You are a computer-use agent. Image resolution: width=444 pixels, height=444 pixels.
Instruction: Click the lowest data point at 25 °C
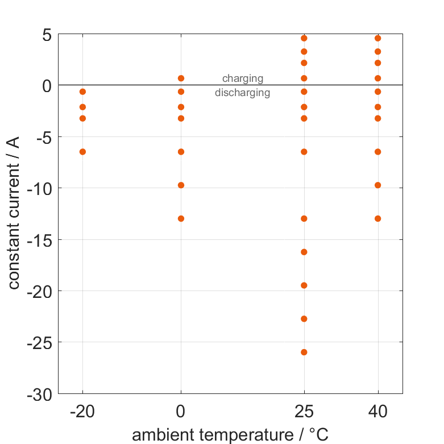point(304,352)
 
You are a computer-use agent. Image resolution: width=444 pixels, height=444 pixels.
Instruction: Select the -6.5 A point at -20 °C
point(82,152)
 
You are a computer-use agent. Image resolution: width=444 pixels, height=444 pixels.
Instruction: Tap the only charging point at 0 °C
point(181,78)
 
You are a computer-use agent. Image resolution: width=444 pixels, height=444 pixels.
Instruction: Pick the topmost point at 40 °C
point(377,38)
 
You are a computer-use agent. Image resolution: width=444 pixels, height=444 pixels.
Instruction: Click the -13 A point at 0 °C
point(181,218)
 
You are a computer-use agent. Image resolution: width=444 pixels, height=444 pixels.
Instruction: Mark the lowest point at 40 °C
point(377,218)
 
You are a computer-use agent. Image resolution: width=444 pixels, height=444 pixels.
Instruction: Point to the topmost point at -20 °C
point(82,92)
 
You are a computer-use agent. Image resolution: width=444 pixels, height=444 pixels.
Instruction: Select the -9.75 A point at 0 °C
point(181,185)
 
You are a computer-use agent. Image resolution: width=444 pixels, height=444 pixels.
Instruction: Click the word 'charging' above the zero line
point(243,78)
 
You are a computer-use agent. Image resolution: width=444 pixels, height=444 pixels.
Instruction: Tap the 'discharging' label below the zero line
point(243,93)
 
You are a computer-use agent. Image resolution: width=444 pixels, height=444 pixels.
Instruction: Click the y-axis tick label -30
point(40,394)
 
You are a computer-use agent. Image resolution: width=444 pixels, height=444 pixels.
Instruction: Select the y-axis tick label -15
point(40,239)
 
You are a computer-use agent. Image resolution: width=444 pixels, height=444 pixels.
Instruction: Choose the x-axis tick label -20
point(82,412)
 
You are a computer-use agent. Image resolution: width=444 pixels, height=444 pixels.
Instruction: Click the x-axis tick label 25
point(304,412)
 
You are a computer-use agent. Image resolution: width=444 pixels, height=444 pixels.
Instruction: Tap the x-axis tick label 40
point(377,412)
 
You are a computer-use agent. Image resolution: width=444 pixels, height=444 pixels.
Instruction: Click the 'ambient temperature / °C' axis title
point(230,435)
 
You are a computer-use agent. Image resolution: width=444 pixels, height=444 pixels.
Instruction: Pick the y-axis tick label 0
point(47,86)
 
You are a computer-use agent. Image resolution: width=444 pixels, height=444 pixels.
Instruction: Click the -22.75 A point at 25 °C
point(304,318)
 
